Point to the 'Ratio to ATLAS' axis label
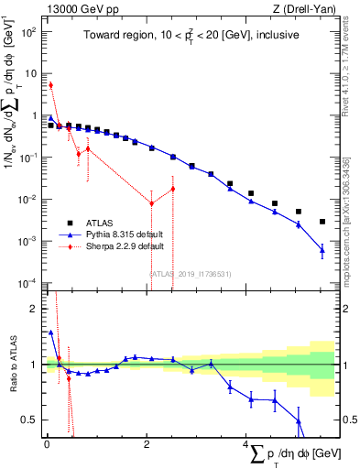[x=12, y=365]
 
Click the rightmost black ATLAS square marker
[x=322, y=222]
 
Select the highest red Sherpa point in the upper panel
[x=50, y=85]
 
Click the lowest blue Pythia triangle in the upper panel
[x=322, y=249]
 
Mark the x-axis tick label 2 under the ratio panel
[x=147, y=445]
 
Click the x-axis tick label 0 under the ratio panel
[x=47, y=445]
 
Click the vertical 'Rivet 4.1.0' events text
[x=351, y=72]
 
